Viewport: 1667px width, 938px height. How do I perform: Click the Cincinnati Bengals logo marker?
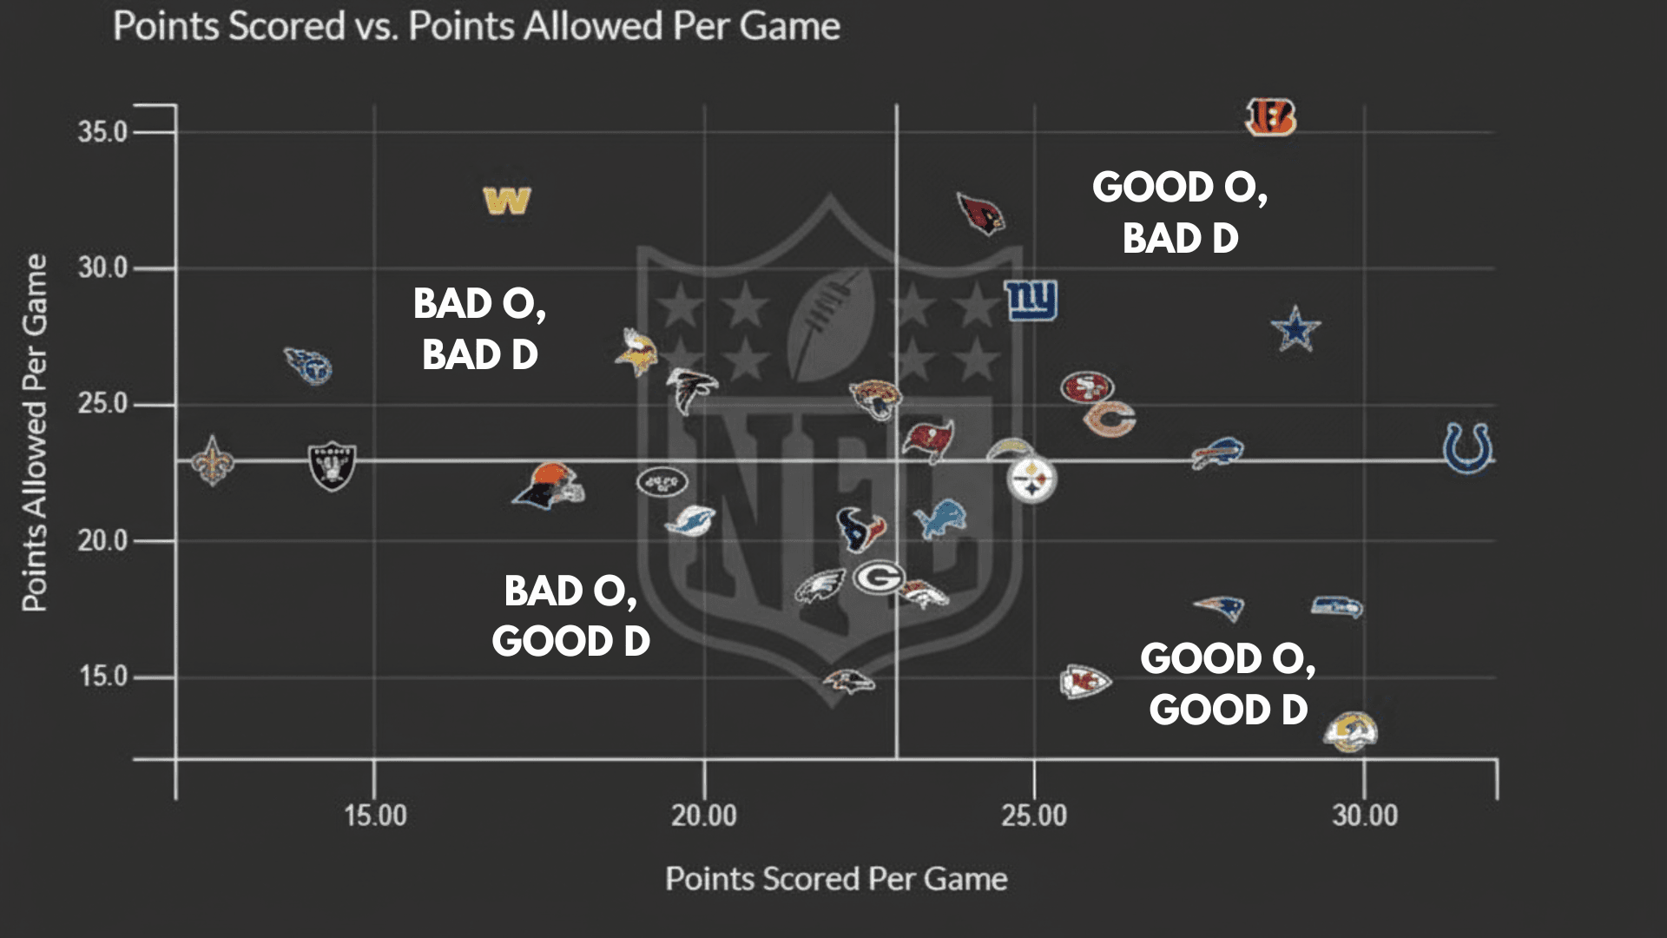point(1270,117)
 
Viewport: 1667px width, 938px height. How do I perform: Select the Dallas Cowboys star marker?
point(1295,328)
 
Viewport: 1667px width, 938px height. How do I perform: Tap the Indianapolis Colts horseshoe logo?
point(1467,448)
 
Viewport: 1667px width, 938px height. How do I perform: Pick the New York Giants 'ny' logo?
point(1031,300)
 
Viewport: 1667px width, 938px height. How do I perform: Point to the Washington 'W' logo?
point(507,201)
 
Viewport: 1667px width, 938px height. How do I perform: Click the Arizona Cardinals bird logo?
point(981,214)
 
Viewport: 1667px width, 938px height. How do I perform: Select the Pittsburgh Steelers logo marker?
point(1031,480)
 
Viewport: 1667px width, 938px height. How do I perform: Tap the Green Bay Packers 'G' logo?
point(879,578)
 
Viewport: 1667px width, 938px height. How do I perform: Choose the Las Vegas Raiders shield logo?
point(332,465)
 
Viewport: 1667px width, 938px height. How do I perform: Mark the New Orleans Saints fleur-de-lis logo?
point(213,460)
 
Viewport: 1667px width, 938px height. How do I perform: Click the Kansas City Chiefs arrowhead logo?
point(1084,682)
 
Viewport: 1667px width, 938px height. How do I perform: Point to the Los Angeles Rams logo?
point(1350,731)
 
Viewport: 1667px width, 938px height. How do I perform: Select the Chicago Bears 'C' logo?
point(1110,419)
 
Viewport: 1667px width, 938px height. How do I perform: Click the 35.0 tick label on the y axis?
point(102,132)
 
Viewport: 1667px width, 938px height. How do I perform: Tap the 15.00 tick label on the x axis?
point(375,816)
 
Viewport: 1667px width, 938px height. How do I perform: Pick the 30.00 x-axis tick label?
point(1365,816)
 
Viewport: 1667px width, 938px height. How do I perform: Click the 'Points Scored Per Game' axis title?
point(836,879)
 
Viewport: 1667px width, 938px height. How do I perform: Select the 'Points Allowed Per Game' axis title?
point(35,433)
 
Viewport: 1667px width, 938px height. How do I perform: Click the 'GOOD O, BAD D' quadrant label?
point(1180,213)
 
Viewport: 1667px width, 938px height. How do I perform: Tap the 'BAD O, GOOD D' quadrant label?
point(570,616)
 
